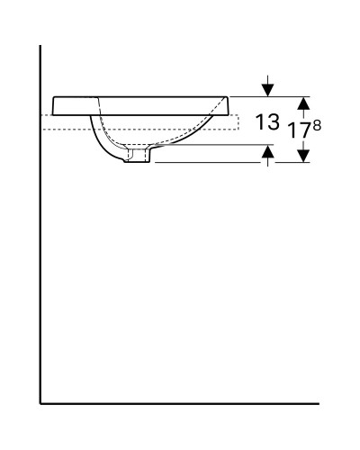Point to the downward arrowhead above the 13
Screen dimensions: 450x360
pyautogui.click(x=266, y=89)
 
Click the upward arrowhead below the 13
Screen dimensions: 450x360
pyautogui.click(x=266, y=154)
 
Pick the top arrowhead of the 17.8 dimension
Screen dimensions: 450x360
pyautogui.click(x=303, y=103)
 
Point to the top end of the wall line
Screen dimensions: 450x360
pyautogui.click(x=40, y=45)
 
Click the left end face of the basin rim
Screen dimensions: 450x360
pyautogui.click(x=55, y=105)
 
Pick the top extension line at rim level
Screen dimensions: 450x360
pyautogui.click(x=270, y=96)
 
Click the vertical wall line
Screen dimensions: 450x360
pyautogui.click(x=40, y=225)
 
